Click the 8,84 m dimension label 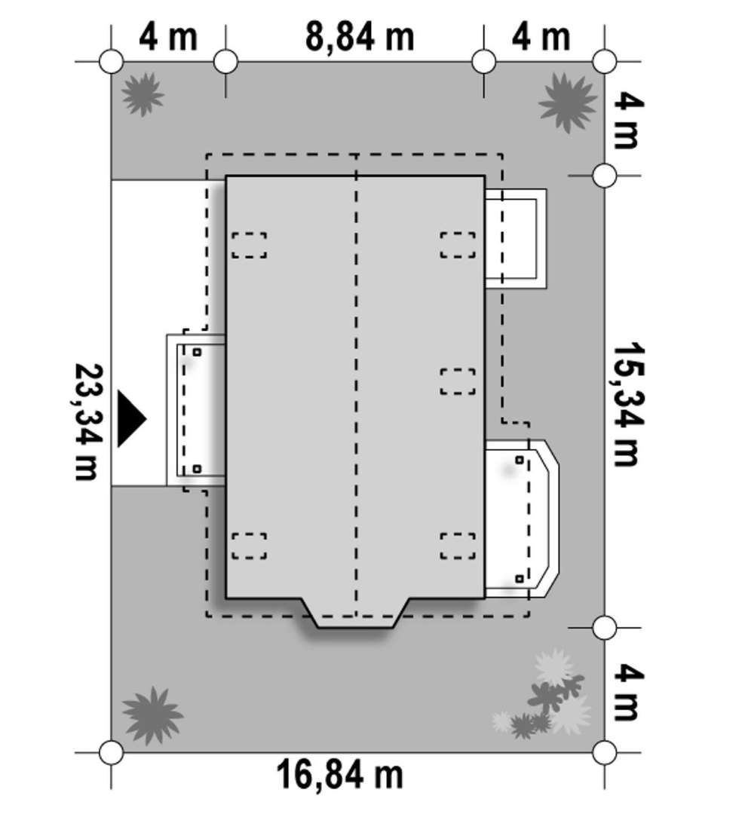point(360,37)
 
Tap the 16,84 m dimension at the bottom point(339,775)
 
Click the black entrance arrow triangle point(132,418)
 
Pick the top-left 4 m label point(168,37)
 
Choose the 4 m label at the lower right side point(628,693)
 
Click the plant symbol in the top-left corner point(143,94)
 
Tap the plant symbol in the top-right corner point(567,102)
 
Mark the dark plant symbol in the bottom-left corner point(152,715)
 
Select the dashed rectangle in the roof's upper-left point(250,245)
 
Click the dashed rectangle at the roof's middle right point(458,381)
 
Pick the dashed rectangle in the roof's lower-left point(250,546)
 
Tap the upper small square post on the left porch point(197,352)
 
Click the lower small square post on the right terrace point(520,578)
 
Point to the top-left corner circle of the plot point(111,62)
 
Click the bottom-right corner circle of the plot point(605,751)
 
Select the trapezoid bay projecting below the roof point(356,613)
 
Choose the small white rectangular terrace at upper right point(516,239)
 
